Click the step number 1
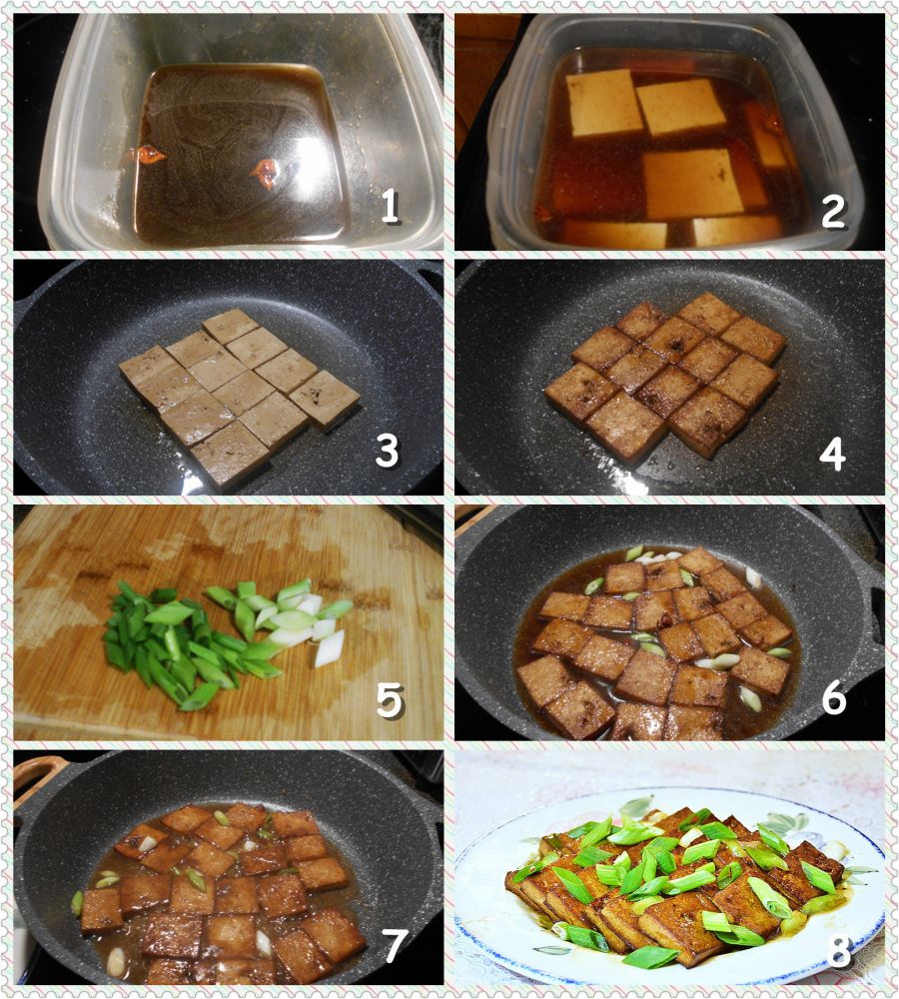tap(390, 207)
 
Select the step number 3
tap(387, 451)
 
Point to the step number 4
tap(832, 454)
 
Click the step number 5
tap(390, 700)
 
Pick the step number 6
tap(833, 697)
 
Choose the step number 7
tap(394, 945)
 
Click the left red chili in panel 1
tap(149, 154)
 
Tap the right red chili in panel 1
tap(265, 171)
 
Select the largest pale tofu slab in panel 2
tap(692, 184)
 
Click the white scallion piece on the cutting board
tap(329, 648)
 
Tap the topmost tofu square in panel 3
tap(231, 325)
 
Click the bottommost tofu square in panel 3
tap(230, 455)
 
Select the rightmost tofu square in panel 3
tap(325, 400)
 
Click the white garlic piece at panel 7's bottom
tap(116, 962)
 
